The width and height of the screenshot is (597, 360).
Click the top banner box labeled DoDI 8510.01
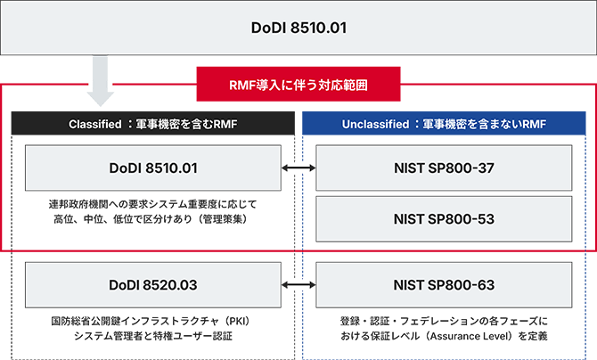298,27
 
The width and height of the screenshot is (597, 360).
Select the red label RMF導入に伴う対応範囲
298,86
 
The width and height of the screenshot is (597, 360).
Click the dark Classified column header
152,124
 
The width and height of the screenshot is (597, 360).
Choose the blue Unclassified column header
444,124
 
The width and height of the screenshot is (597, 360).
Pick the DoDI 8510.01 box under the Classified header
152,167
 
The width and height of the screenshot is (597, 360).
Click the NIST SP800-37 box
444,167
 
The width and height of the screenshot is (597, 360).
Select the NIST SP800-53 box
444,217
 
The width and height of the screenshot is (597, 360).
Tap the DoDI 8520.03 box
152,285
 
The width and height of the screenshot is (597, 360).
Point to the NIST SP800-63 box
444,285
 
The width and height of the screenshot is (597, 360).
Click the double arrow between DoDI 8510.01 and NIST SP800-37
298,167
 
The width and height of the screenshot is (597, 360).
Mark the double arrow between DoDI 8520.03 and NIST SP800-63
298,285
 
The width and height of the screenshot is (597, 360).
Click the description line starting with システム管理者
152,336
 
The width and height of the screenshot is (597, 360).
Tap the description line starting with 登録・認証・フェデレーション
444,320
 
